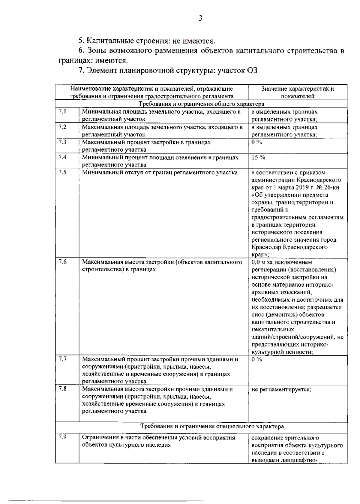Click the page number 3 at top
pyautogui.click(x=201, y=18)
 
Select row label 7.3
pyautogui.click(x=62, y=142)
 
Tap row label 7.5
pyautogui.click(x=62, y=172)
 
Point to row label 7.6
pyautogui.click(x=62, y=262)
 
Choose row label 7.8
pyautogui.click(x=62, y=389)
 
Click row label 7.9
pyautogui.click(x=62, y=437)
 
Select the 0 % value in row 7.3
pyautogui.click(x=256, y=142)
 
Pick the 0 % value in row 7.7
pyautogui.click(x=256, y=359)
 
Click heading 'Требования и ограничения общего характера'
pyautogui.click(x=201, y=104)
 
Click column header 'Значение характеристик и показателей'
pyautogui.click(x=297, y=92)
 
